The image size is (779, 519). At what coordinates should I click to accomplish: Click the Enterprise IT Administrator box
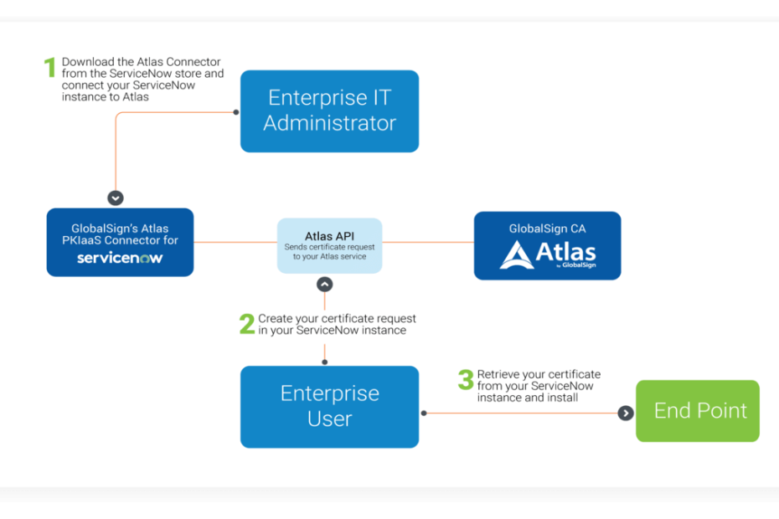coord(329,111)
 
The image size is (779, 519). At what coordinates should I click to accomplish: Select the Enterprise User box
coord(329,407)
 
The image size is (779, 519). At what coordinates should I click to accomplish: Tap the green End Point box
coord(698,411)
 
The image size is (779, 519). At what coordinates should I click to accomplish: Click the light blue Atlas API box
coord(329,245)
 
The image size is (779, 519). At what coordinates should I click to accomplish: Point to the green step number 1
coord(49,67)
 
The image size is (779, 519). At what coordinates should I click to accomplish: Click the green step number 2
coord(247,324)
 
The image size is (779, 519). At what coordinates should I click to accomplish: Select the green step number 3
coord(466,379)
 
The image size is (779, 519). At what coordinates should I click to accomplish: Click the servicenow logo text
coord(120,258)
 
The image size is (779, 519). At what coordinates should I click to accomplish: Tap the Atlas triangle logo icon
coord(517,254)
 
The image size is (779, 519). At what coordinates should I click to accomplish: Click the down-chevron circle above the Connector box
coord(116,198)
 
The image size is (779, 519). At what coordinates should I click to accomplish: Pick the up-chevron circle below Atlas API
coord(325,285)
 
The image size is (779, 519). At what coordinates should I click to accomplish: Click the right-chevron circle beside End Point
coord(626,413)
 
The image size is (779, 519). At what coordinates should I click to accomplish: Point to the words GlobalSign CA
coord(547,229)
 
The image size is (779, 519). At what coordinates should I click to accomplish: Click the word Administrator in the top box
coord(330,123)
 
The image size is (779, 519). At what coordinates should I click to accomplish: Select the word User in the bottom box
coord(330,419)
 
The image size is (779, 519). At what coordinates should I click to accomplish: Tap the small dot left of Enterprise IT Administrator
coord(236,112)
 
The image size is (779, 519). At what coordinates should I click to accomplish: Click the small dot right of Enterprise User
coord(424,413)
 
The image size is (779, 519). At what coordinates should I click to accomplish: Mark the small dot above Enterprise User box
coord(325,362)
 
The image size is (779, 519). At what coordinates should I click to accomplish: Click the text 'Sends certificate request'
coord(329,247)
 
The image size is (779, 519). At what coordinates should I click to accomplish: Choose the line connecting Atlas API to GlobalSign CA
coord(428,243)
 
